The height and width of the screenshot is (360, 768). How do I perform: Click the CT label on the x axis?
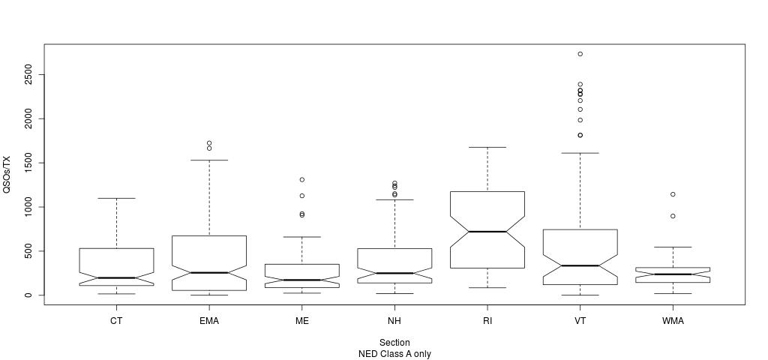click(116, 322)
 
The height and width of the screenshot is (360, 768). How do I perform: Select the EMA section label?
click(209, 322)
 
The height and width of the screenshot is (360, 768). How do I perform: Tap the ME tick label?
click(302, 322)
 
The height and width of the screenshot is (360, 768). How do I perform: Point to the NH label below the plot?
click(394, 322)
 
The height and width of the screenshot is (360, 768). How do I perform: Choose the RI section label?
click(487, 322)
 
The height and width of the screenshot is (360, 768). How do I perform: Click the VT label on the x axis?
click(580, 322)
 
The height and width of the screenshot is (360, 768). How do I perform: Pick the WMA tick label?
click(673, 322)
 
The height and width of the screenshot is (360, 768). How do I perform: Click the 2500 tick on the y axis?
click(28, 75)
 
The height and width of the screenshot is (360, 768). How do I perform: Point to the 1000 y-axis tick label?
click(28, 207)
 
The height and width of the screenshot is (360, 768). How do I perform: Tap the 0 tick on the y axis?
click(28, 295)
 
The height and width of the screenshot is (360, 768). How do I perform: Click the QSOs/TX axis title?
click(7, 175)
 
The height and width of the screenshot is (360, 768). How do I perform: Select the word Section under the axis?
click(394, 343)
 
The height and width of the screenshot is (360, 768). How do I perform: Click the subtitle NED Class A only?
click(394, 354)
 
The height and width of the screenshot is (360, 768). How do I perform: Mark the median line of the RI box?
click(487, 232)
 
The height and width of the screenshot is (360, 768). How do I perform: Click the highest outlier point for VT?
click(580, 54)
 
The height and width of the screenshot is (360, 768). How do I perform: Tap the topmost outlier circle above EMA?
click(209, 143)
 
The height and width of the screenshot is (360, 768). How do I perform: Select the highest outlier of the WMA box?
click(673, 194)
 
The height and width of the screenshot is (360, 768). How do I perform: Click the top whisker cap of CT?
click(116, 198)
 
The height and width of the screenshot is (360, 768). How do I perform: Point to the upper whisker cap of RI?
click(487, 147)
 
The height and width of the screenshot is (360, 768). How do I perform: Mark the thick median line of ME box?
click(302, 280)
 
